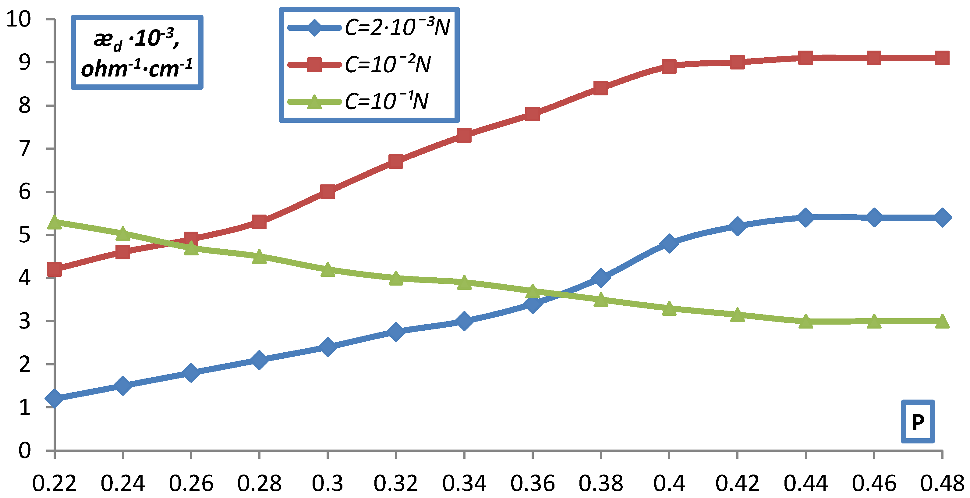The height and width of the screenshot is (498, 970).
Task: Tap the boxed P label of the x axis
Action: tap(918, 422)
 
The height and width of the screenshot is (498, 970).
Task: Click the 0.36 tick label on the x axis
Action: tap(533, 483)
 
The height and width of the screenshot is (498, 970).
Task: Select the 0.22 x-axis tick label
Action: tap(55, 483)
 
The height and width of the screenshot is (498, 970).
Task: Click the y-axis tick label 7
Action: tap(25, 148)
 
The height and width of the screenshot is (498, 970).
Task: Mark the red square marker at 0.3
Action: tap(327, 192)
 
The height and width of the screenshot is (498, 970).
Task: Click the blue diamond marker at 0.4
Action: tap(669, 243)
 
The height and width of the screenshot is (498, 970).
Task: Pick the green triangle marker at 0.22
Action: tap(55, 222)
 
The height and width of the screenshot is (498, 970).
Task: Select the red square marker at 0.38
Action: tap(600, 88)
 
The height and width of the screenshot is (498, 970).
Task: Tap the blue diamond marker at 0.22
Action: tap(55, 398)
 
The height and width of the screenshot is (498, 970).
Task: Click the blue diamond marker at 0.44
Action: tap(806, 217)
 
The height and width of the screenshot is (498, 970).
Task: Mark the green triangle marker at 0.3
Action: tap(327, 270)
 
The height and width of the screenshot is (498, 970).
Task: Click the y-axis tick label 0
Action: tap(25, 450)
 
